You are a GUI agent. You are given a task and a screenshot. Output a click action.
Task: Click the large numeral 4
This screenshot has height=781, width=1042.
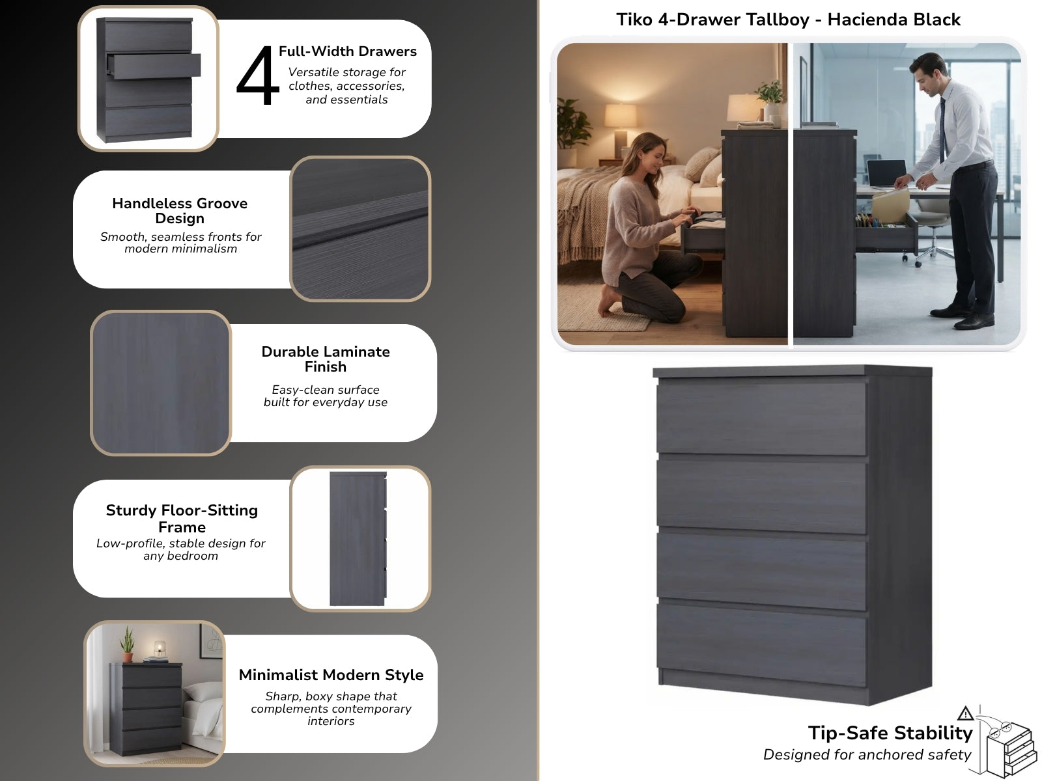click(x=257, y=76)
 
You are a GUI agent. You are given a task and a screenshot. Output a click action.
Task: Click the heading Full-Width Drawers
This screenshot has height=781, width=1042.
click(x=348, y=51)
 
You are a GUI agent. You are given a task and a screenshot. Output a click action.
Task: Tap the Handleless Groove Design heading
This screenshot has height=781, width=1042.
click(x=180, y=210)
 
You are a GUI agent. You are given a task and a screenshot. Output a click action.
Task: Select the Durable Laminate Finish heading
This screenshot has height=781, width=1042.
click(x=326, y=359)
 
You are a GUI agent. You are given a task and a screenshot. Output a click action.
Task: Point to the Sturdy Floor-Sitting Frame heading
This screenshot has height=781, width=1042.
click(x=182, y=518)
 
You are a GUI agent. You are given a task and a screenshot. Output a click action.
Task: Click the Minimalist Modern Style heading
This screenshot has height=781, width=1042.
click(x=331, y=675)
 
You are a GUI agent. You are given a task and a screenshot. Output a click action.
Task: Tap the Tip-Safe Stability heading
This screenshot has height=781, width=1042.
click(x=890, y=733)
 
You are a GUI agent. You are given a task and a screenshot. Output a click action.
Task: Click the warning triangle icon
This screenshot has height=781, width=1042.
click(x=965, y=713)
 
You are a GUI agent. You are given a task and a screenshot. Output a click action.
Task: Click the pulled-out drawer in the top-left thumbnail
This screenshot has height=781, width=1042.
click(x=154, y=66)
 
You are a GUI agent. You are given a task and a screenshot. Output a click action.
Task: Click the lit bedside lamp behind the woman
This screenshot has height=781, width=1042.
click(x=621, y=130)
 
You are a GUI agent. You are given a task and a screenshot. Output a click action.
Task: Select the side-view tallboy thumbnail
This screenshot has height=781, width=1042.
click(x=358, y=539)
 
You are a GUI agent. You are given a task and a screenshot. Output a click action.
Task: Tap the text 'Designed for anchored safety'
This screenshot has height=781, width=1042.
click(x=867, y=755)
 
